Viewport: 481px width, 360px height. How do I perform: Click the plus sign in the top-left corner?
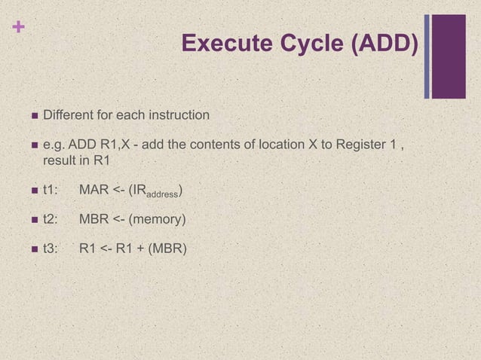click(x=14, y=27)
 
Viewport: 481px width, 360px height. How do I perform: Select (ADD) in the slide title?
click(x=384, y=44)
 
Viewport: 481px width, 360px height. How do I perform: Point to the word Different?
click(x=69, y=116)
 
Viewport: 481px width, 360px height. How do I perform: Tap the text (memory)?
click(x=159, y=220)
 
